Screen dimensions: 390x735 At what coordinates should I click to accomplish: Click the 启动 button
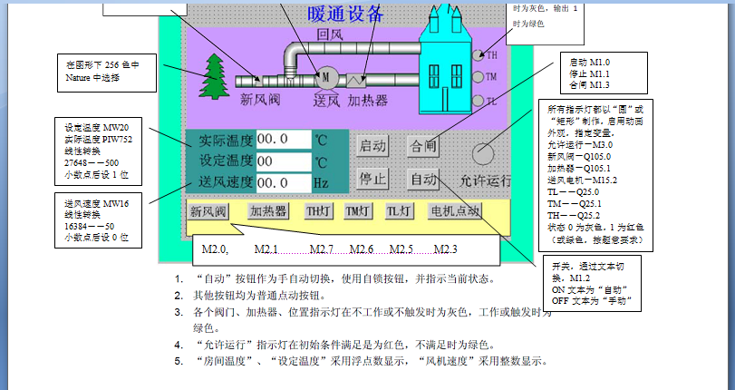pyautogui.click(x=372, y=145)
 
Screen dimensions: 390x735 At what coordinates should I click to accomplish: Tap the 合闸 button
pyautogui.click(x=423, y=145)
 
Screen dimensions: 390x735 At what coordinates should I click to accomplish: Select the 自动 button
pyautogui.click(x=423, y=178)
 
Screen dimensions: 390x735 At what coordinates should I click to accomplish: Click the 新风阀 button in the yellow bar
pyautogui.click(x=208, y=211)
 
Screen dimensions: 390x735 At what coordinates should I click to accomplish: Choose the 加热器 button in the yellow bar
pyautogui.click(x=268, y=211)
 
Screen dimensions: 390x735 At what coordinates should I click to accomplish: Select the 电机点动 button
pyautogui.click(x=455, y=211)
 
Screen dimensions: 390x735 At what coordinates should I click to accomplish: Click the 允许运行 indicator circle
pyautogui.click(x=485, y=152)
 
